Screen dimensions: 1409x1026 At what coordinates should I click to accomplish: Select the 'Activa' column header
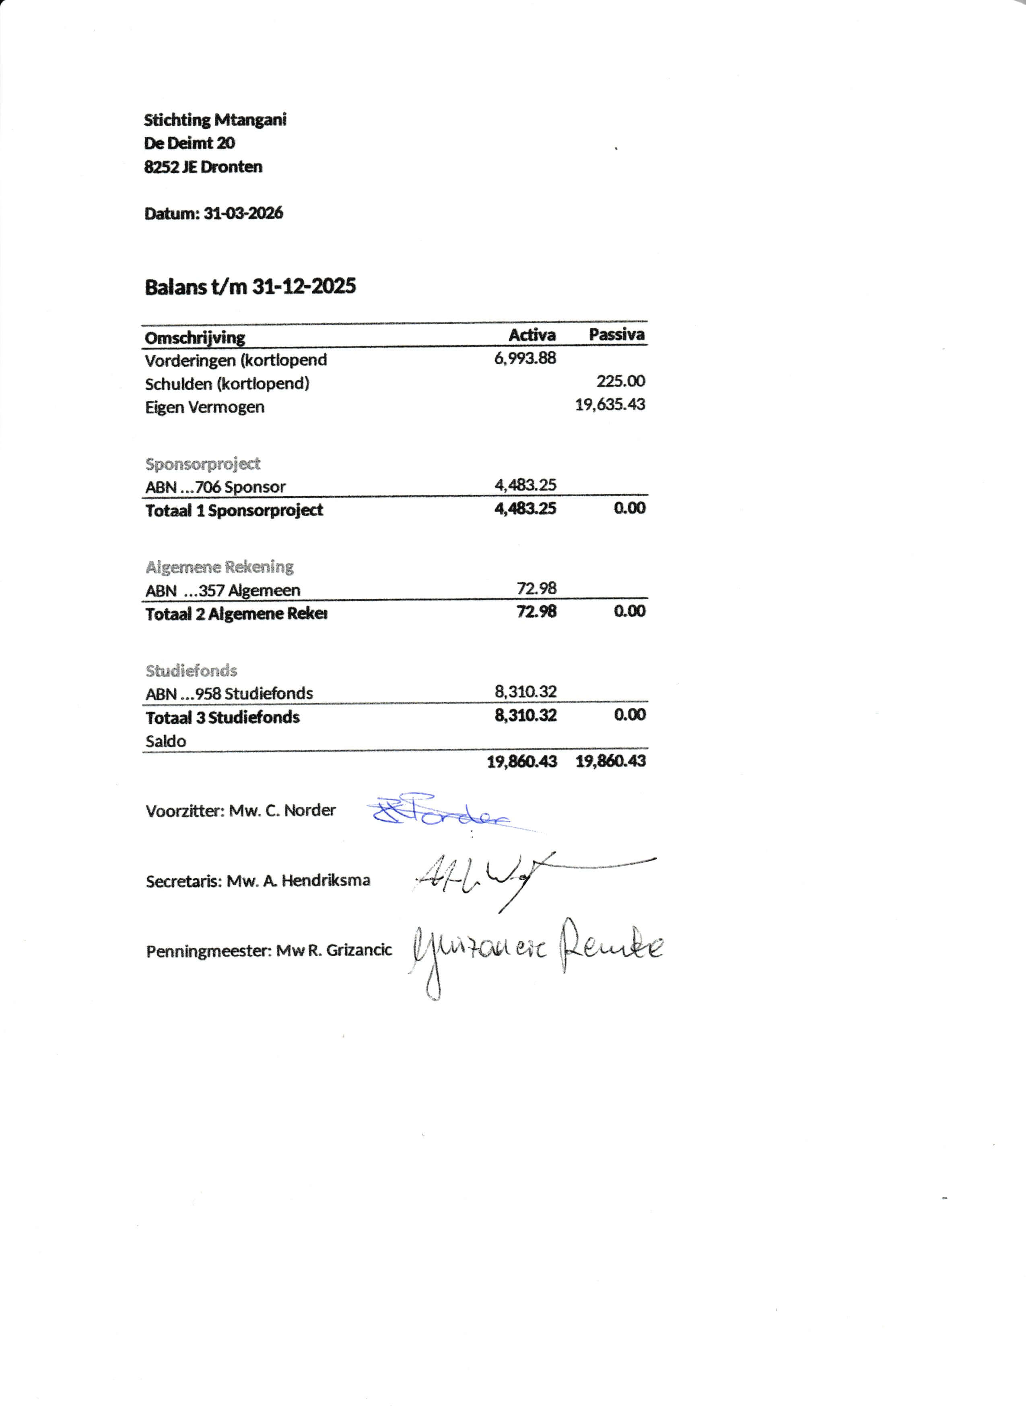532,335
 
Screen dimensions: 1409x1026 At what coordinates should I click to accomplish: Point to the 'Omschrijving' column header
194,337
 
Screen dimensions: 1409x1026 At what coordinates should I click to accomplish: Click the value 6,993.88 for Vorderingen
525,358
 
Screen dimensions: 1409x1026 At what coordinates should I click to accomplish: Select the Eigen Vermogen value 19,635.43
610,405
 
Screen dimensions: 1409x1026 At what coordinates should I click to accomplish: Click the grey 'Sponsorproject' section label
203,464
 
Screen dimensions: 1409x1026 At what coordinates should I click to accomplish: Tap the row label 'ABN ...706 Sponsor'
215,487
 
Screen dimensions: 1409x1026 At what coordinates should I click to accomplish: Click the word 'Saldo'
165,741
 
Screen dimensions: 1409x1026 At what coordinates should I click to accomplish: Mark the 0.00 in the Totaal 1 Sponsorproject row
630,508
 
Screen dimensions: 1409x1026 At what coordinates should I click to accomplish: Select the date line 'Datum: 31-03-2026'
213,214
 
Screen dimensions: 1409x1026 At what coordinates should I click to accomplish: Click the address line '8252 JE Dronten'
203,167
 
